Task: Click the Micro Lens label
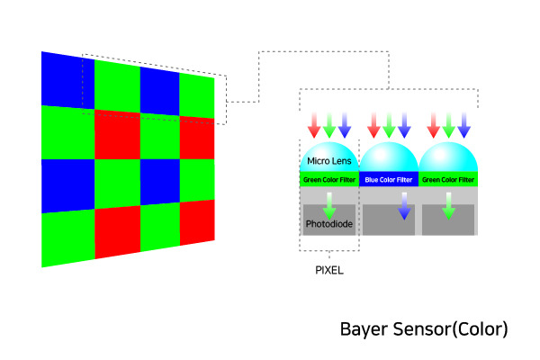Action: [328, 162]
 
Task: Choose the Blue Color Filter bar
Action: [389, 180]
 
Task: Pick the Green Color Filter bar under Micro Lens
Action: [328, 180]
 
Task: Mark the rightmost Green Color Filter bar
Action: [447, 180]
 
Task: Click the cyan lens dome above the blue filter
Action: [389, 159]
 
